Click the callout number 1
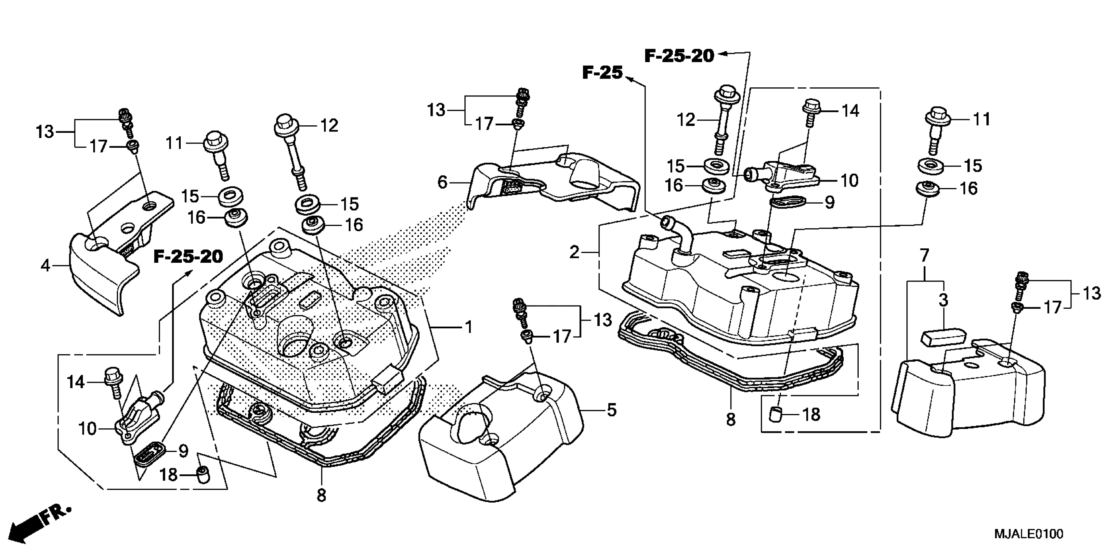tap(469, 327)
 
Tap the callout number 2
tap(574, 252)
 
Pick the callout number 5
tap(612, 410)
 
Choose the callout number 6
tap(442, 182)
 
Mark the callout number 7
tap(924, 256)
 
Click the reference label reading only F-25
tap(602, 73)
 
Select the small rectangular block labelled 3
tap(942, 337)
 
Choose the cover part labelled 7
tap(969, 394)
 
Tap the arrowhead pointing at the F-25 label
tap(630, 79)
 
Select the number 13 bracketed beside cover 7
tap(1092, 294)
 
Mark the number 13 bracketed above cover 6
tap(436, 110)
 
